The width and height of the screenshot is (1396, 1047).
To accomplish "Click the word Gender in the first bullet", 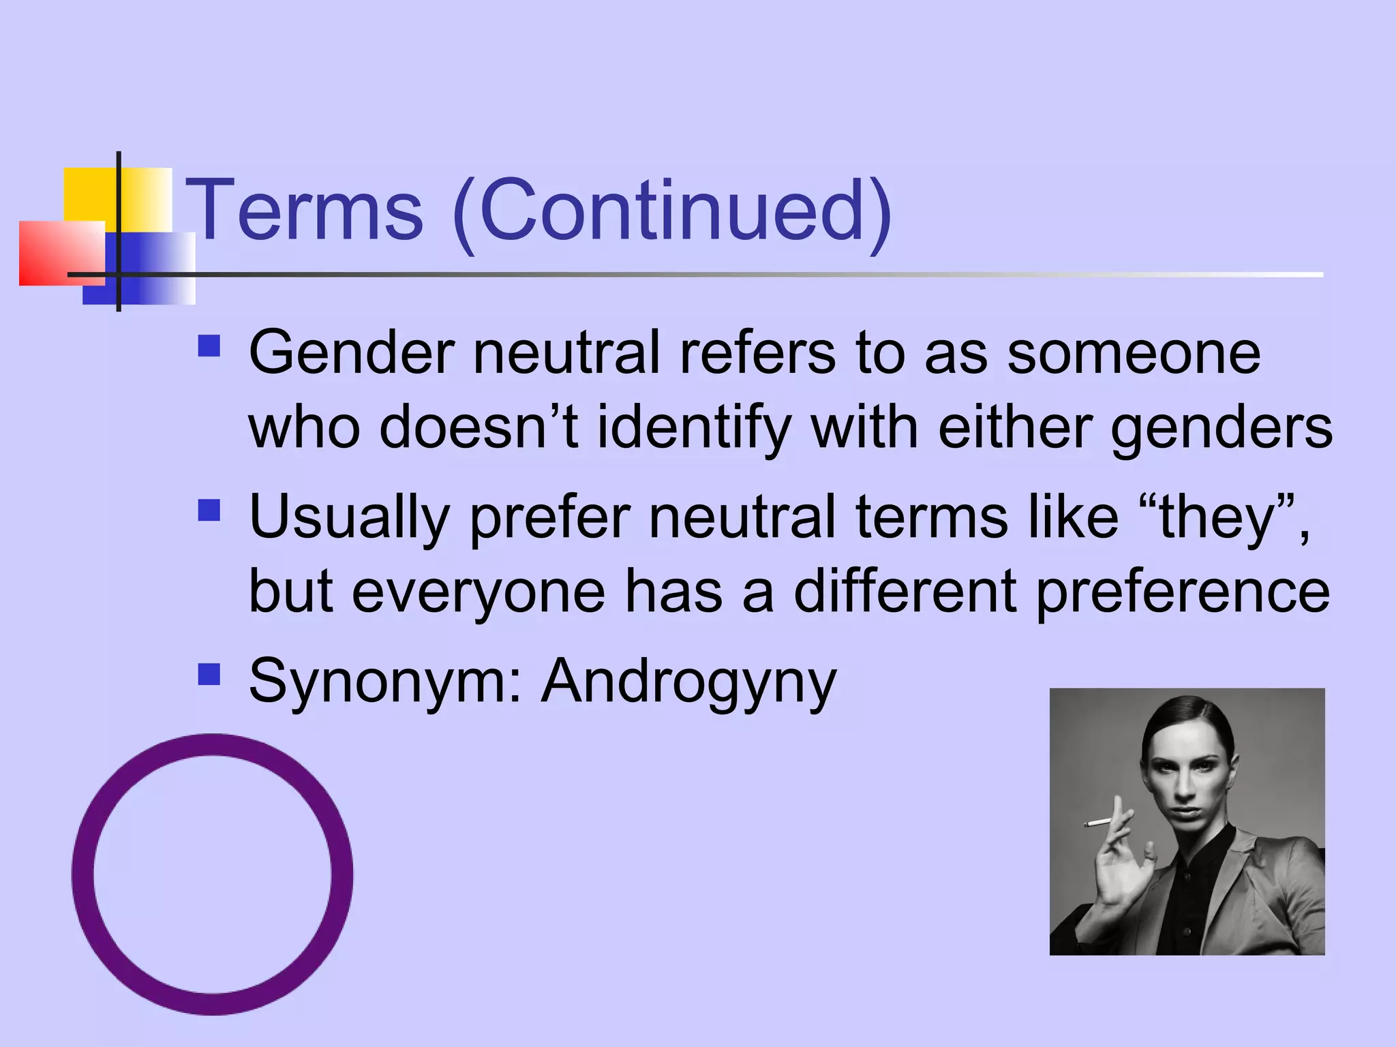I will tap(351, 353).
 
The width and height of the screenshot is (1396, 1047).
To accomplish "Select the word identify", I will tap(694, 428).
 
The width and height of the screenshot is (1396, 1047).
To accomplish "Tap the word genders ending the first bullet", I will tap(1221, 428).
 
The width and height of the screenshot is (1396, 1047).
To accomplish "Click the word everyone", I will tap(478, 592).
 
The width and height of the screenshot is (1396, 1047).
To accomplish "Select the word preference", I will tap(1182, 592).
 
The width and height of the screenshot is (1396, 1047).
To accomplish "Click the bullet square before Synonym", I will tap(209, 674).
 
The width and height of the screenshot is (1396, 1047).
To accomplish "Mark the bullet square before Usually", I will tap(209, 511).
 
